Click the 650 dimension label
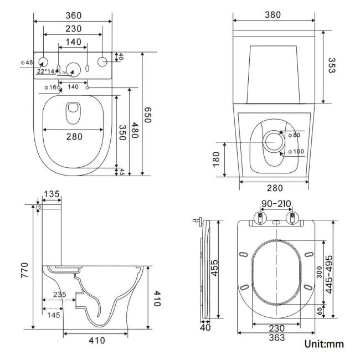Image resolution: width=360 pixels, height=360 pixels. coord(148,115)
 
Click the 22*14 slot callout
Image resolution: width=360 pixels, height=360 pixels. coord(47,71)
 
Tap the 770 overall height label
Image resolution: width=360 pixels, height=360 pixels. coord(25,270)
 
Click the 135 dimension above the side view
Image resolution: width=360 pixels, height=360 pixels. coord(52,194)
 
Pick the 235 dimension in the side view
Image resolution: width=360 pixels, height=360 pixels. coord(60,295)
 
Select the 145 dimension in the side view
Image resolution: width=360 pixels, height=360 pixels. coord(54,315)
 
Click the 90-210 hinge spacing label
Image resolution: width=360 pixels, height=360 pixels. coord(276,204)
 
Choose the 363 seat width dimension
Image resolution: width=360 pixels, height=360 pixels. coord(276,337)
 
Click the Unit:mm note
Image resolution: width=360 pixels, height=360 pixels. coord(324,344)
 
